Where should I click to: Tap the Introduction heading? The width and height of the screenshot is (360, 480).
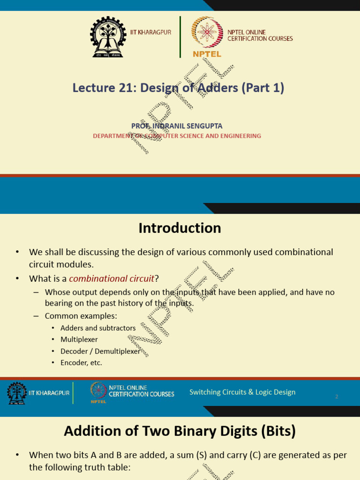click(x=180, y=228)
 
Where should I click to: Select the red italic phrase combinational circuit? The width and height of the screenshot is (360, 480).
click(x=112, y=278)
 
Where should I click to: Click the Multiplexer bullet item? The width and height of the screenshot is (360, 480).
click(x=79, y=339)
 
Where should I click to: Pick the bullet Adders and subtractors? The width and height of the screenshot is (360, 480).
click(x=97, y=328)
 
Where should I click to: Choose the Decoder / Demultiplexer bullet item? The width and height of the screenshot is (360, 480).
click(x=100, y=351)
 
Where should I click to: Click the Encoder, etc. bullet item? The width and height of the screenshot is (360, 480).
click(x=81, y=362)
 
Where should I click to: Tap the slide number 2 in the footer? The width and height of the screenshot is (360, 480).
click(x=337, y=397)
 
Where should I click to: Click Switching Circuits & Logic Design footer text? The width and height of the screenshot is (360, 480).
click(x=242, y=392)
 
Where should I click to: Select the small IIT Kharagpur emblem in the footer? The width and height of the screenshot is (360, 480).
click(x=16, y=393)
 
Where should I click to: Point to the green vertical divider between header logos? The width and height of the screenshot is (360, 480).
click(x=180, y=37)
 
